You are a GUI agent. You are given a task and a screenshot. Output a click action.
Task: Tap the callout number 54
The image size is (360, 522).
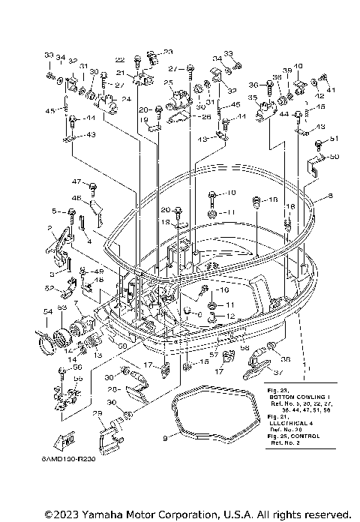47,310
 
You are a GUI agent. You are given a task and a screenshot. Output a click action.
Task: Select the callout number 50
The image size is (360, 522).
334,157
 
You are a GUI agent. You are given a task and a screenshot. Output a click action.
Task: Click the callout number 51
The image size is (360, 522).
334,139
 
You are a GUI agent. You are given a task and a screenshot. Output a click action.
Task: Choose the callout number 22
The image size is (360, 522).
120,59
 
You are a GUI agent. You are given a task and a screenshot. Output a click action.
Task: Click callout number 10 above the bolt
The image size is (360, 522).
231,192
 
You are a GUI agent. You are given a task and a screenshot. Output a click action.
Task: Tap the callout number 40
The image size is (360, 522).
298,66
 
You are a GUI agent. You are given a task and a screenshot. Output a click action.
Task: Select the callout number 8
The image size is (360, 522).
328,196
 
